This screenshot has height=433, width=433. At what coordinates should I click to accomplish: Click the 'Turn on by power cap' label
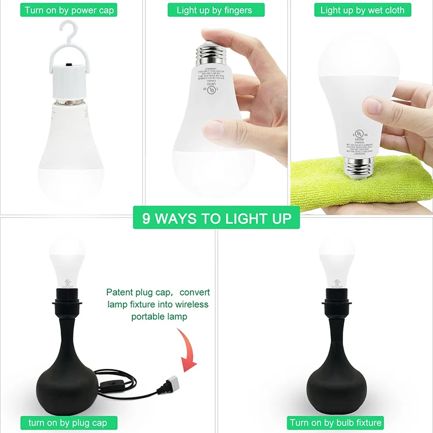coord(70,10)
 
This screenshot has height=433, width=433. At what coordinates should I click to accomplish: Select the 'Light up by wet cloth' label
coord(363,10)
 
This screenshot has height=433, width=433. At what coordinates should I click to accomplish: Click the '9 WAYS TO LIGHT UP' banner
coord(216,219)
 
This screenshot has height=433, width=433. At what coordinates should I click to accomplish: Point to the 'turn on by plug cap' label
coord(68,423)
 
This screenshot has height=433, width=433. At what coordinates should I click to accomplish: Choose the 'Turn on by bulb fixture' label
coord(335,423)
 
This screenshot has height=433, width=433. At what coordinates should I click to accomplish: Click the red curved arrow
coord(188,349)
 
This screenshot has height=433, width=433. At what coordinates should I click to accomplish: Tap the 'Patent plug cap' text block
coord(158,305)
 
